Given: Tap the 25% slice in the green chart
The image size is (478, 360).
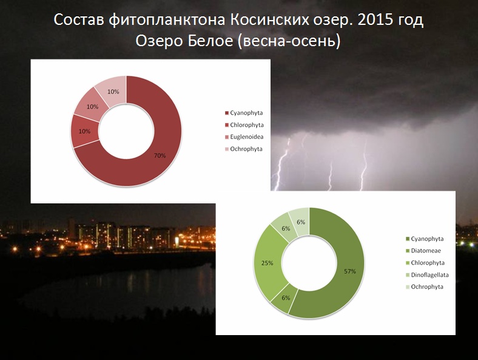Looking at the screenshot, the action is [x=268, y=263].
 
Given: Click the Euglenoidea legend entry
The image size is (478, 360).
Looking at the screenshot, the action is [x=244, y=137].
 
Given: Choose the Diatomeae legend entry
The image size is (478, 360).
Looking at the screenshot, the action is [x=423, y=251].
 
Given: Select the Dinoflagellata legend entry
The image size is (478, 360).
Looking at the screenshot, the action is [x=427, y=275].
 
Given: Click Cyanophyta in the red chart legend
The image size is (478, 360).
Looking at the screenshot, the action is [x=244, y=113].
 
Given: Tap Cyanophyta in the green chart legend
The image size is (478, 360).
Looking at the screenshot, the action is [x=425, y=239].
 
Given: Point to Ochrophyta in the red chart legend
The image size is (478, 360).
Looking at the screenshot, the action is [x=244, y=149].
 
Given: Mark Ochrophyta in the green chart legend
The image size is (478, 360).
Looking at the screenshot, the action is [x=425, y=287].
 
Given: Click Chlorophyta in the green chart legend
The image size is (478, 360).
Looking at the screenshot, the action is [x=425, y=263].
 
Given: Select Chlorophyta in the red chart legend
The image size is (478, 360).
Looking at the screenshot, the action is [x=244, y=125].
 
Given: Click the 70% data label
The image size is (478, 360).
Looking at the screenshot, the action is [x=160, y=155].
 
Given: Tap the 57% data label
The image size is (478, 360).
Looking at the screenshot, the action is [x=350, y=271].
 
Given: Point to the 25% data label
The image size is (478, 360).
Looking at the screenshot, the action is [x=268, y=263].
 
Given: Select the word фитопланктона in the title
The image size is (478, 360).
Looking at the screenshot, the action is [x=167, y=21].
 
